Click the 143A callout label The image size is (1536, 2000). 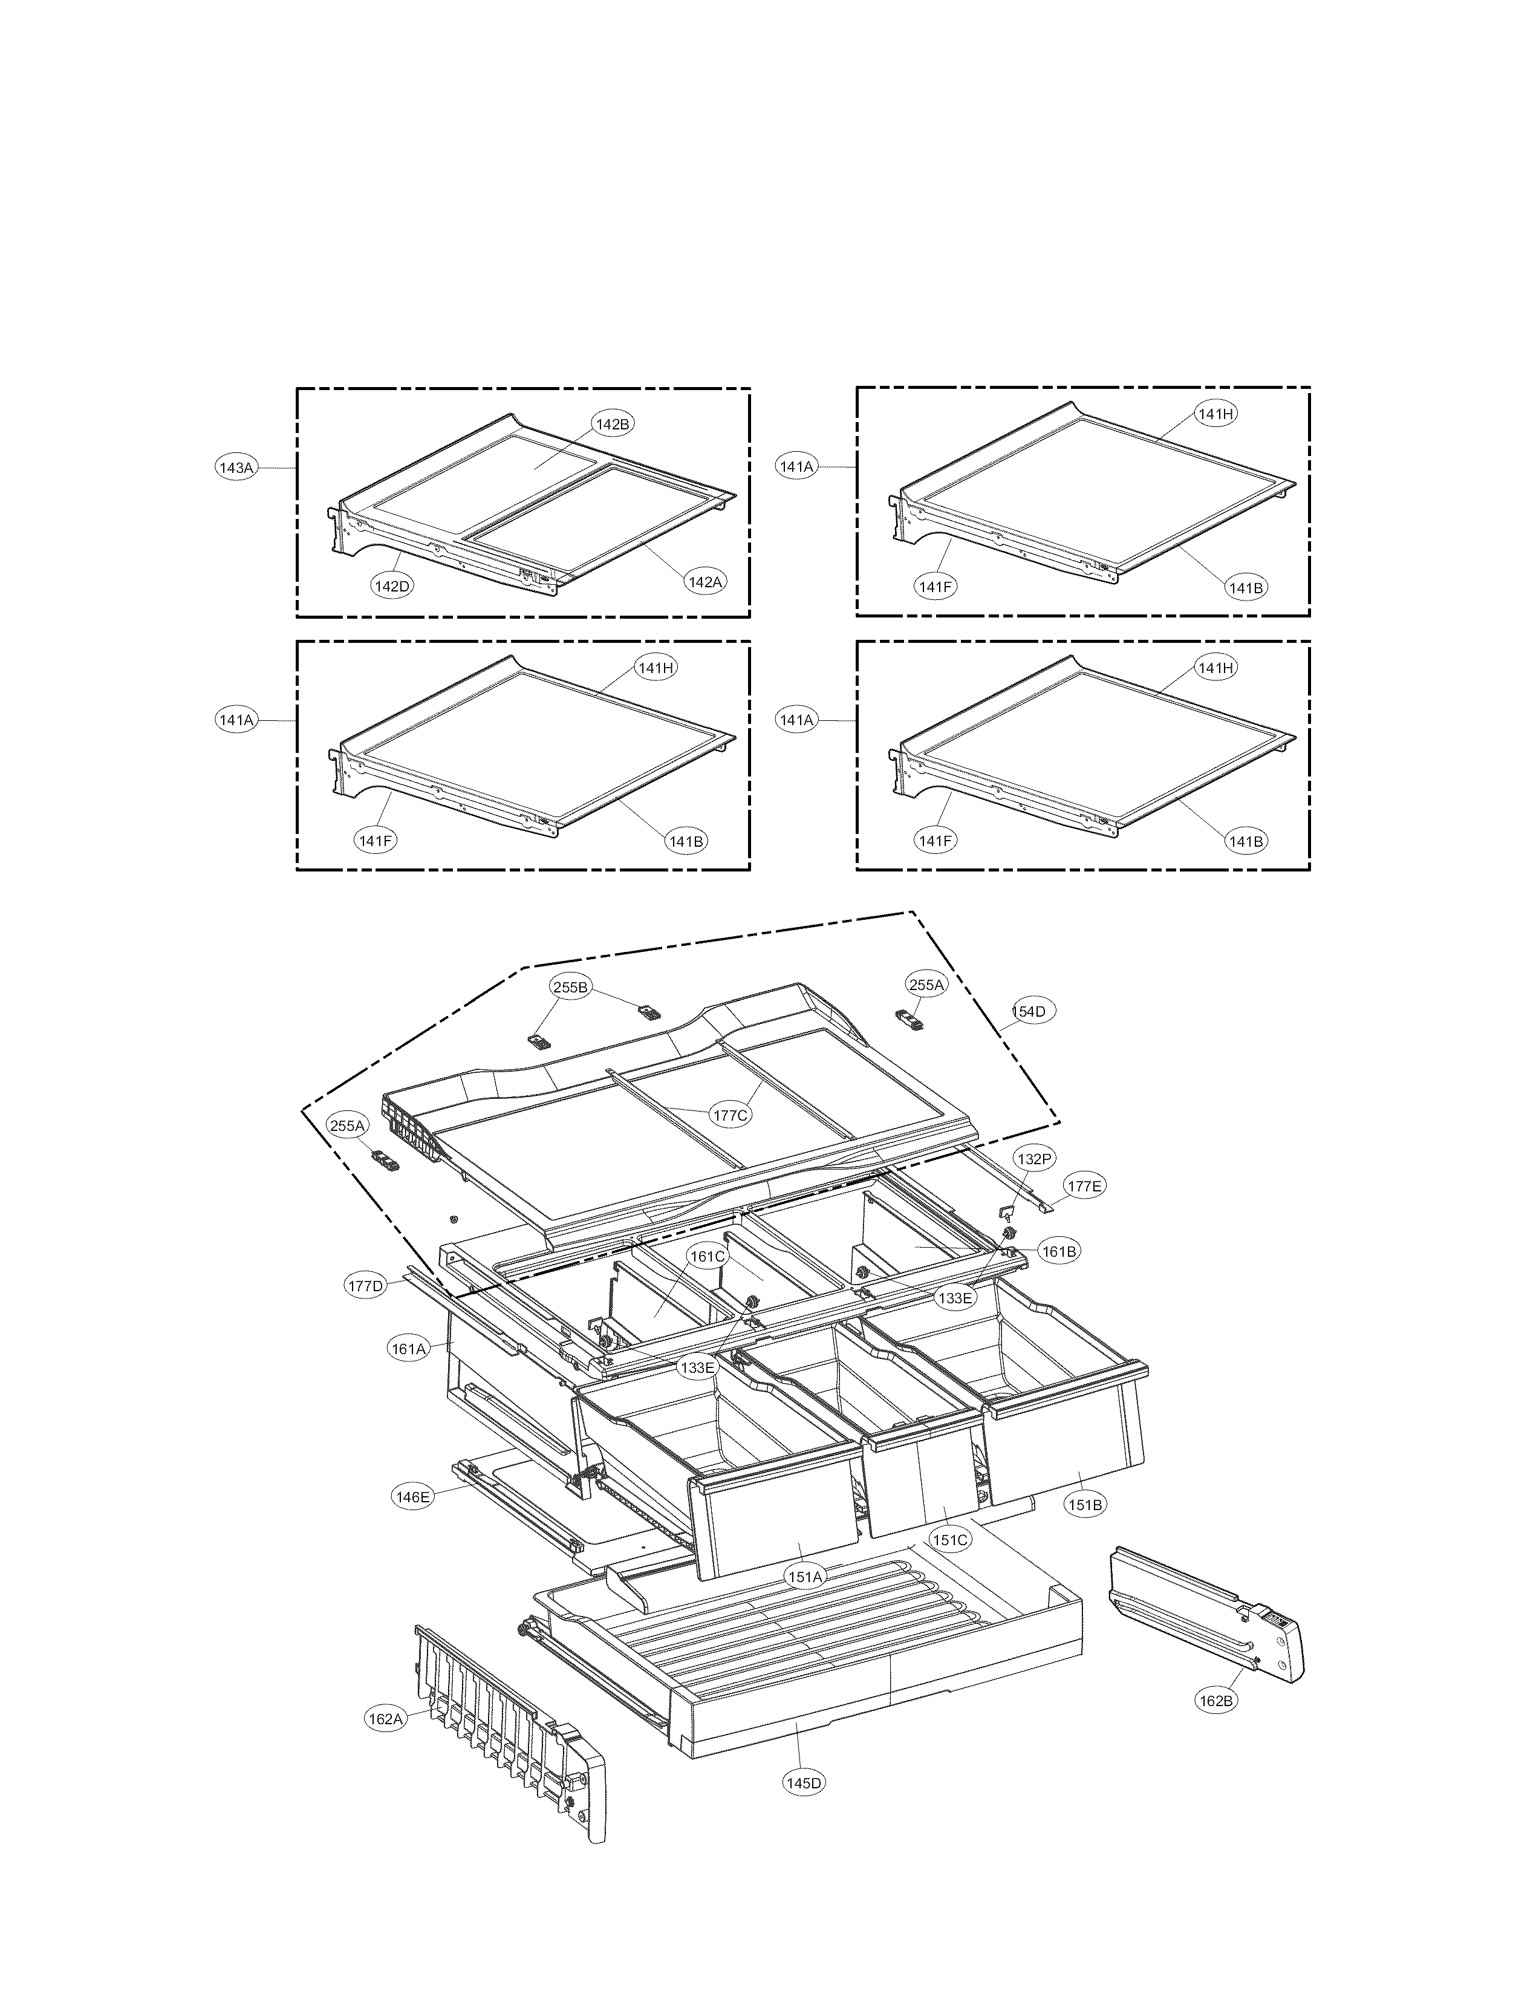point(236,467)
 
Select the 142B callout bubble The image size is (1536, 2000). point(613,425)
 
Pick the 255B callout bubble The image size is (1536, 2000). point(570,987)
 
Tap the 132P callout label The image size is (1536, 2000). point(1034,1159)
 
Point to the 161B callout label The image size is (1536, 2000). point(1059,1251)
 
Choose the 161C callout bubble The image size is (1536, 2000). point(708,1257)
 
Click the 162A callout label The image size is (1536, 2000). point(385,1719)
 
